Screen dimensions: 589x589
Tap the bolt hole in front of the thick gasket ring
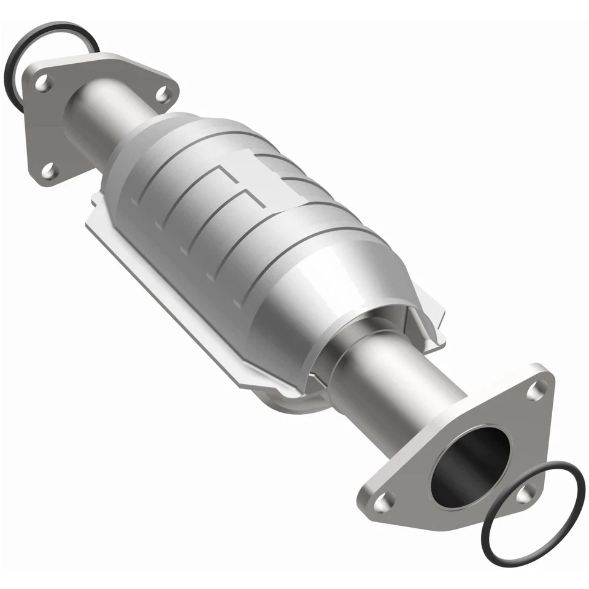pos(43,83)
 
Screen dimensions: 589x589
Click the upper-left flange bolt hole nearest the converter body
pos(161,94)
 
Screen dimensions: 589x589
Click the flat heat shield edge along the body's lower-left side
pos(166,294)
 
